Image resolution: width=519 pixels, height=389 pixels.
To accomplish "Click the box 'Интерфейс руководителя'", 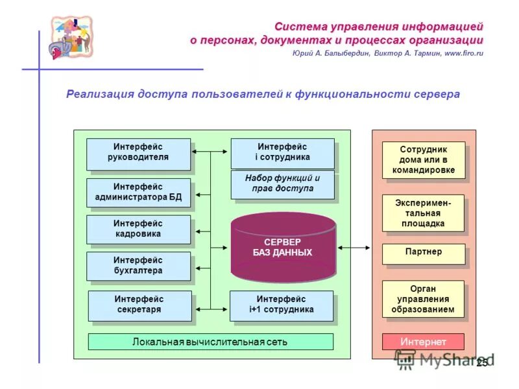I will click(x=138, y=153).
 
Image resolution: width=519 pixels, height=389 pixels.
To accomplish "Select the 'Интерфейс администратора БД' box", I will click(x=138, y=192).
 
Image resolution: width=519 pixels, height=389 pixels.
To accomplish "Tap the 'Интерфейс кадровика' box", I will click(x=138, y=229).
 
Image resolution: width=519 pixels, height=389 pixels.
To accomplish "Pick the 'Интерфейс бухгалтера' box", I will click(x=138, y=266).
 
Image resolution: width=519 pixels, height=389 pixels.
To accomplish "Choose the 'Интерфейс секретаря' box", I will click(x=139, y=305).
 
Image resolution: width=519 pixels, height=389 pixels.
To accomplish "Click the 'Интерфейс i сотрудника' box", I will click(x=282, y=152).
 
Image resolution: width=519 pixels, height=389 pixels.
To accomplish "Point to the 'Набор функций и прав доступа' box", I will click(x=282, y=183).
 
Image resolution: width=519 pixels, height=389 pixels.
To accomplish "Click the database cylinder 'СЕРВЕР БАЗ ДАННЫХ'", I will click(x=282, y=247).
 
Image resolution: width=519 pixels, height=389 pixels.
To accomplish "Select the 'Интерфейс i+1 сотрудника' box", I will click(x=282, y=305).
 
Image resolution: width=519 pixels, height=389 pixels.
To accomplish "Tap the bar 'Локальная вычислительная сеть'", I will click(x=210, y=342).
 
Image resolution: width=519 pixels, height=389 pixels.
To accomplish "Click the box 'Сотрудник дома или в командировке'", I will click(x=424, y=160).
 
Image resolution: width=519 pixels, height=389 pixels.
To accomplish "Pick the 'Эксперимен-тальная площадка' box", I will click(x=424, y=213).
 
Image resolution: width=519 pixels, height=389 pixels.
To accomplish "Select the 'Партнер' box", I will click(x=424, y=253).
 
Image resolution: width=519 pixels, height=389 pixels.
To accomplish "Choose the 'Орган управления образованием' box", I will click(x=424, y=299).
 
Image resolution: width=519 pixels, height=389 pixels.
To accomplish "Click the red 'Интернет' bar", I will click(x=423, y=342).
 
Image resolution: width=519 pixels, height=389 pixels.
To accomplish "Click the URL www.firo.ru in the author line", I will click(x=464, y=54).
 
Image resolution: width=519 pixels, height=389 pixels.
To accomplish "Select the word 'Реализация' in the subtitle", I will click(x=99, y=94).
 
